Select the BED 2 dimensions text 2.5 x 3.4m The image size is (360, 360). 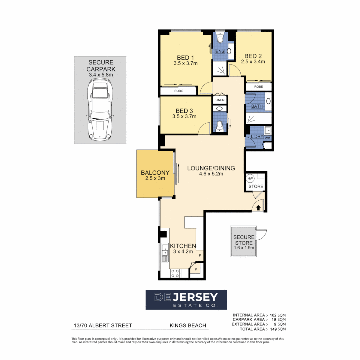(254, 62)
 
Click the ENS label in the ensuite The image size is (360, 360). (220, 51)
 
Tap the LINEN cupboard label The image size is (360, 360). (220, 100)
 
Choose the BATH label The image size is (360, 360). (257, 106)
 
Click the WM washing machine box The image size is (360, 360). (268, 138)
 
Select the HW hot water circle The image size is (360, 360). (250, 179)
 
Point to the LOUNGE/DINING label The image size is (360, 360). (211, 168)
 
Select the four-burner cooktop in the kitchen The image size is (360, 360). (175, 273)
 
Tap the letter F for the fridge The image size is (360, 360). (200, 256)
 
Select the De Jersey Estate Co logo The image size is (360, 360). (186, 299)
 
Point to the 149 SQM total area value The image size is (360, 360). (280, 329)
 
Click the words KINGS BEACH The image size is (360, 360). (187, 325)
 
